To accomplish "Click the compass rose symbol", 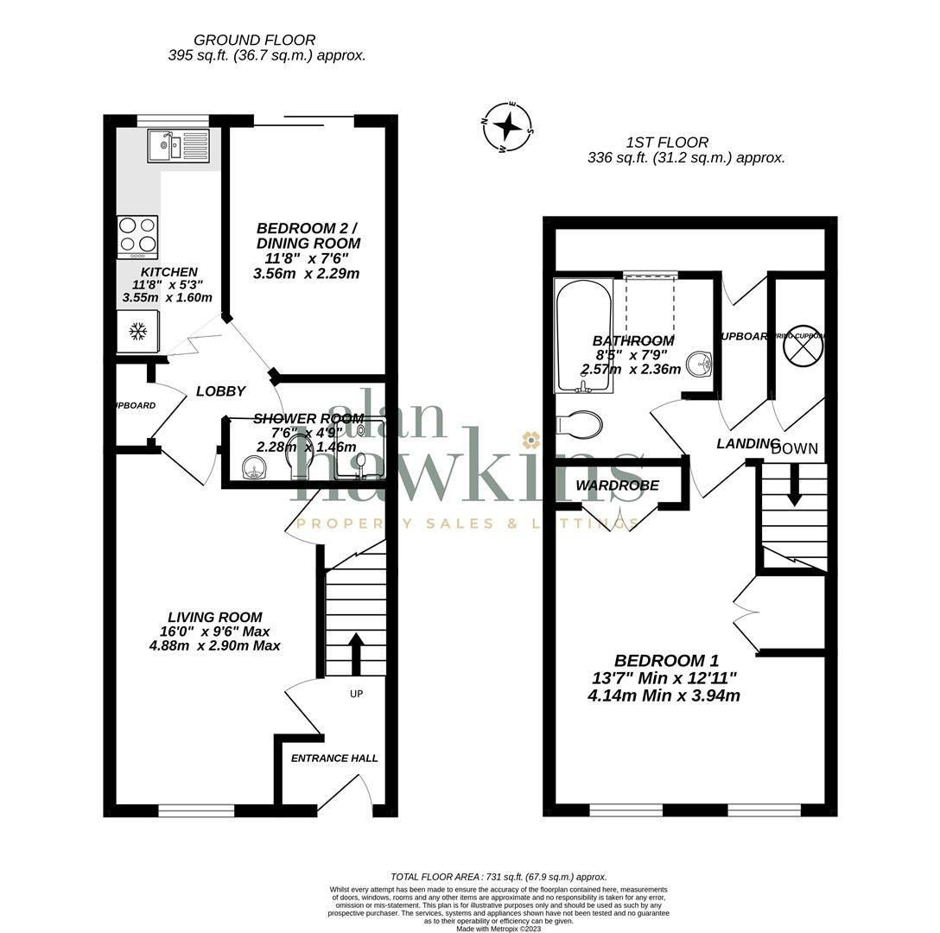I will (508, 127).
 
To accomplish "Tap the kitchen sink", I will (178, 146).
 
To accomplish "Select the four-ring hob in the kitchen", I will (137, 236).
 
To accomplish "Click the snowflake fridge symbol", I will (137, 330).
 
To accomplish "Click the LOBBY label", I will (221, 391).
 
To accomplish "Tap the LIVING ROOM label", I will (215, 617).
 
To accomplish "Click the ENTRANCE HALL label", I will (334, 758).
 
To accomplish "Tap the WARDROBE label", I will (617, 486).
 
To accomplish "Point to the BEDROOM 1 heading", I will (666, 661).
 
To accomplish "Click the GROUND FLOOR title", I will (254, 40).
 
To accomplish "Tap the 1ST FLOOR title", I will (667, 143).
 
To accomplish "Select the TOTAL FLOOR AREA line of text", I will (499, 876).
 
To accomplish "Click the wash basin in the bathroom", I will (700, 365).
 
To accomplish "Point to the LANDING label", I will (746, 443).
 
